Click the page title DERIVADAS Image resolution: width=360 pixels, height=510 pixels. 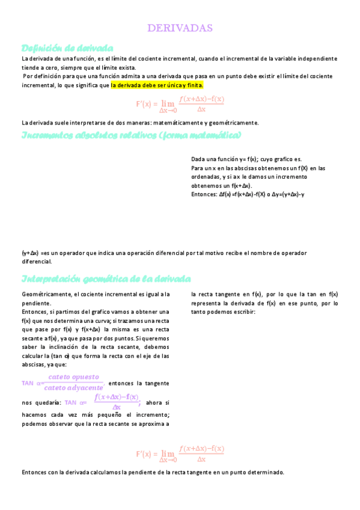(x=180, y=28)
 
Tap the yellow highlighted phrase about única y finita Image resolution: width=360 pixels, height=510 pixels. (x=157, y=85)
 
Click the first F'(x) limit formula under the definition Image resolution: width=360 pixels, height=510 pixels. (x=180, y=103)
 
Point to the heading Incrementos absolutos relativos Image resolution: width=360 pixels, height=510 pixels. (x=131, y=135)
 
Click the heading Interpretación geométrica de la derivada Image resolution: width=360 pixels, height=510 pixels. (x=106, y=279)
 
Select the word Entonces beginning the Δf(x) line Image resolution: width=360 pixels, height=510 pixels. (x=203, y=195)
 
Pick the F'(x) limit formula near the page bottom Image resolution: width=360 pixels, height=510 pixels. (x=180, y=453)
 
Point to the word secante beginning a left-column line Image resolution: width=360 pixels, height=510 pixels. (x=31, y=339)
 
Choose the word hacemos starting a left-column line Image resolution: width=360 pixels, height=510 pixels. (x=34, y=415)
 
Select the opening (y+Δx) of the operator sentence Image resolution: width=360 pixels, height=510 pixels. (x=30, y=253)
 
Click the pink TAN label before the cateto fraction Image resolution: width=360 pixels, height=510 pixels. (x=28, y=383)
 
